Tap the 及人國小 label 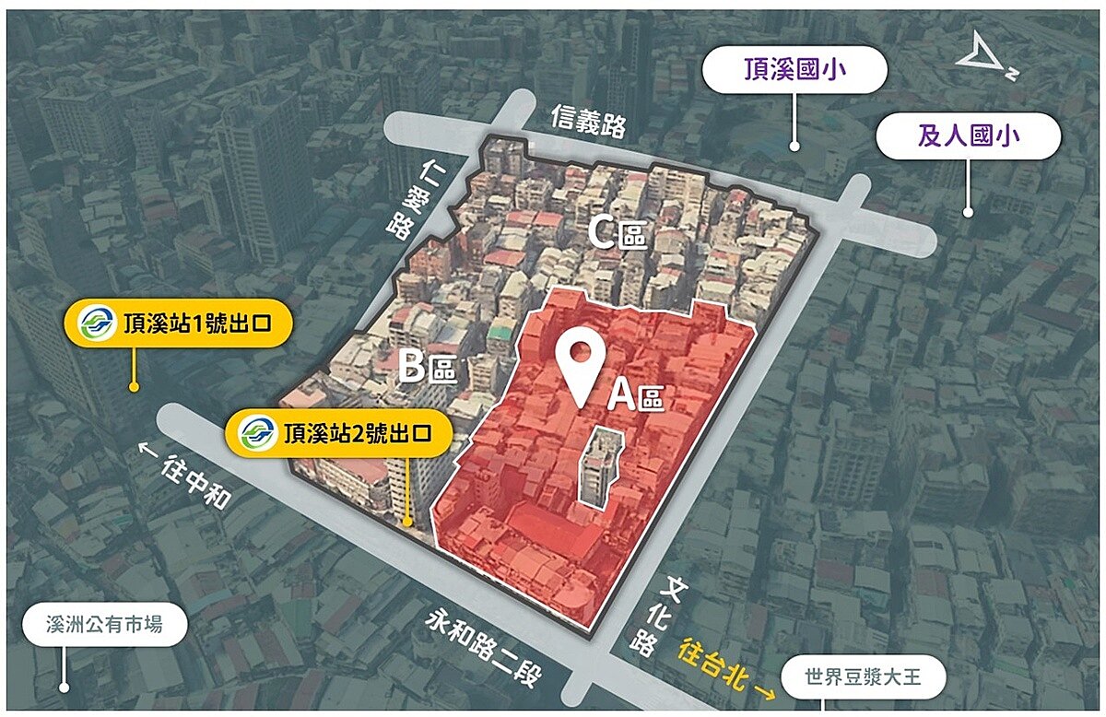(967, 136)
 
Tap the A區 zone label (635, 397)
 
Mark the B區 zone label (427, 368)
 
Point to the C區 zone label (617, 234)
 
